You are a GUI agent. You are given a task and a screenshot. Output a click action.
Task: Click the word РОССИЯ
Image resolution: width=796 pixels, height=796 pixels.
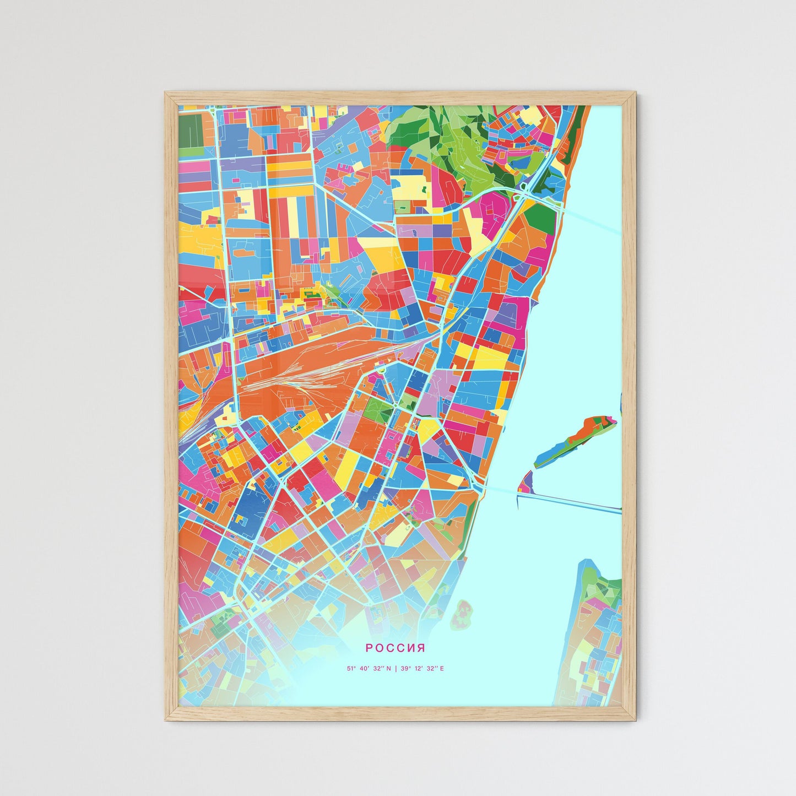(x=395, y=648)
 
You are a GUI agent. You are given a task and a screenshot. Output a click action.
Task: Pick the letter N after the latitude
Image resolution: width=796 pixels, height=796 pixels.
(x=388, y=669)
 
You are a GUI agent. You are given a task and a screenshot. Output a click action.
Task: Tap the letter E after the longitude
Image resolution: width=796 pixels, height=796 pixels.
(x=441, y=669)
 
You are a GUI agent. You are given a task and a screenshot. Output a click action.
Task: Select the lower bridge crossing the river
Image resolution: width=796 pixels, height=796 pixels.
(x=573, y=502)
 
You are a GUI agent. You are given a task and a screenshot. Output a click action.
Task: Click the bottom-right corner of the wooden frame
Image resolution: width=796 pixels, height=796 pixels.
(x=635, y=719)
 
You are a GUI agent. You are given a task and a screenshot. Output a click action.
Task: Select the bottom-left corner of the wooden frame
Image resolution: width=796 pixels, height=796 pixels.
(x=166, y=719)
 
